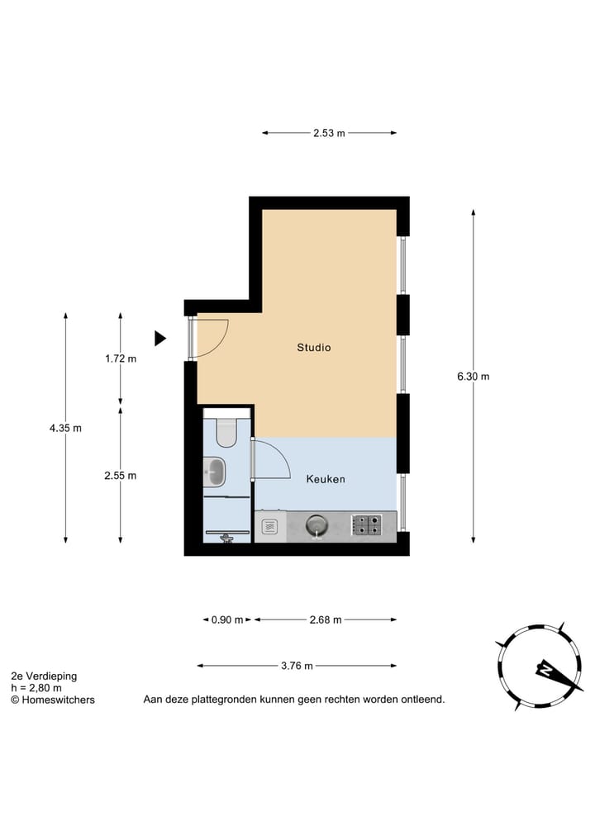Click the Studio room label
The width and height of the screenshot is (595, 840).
pyautogui.click(x=314, y=348)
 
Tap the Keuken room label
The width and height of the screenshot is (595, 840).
pyautogui.click(x=326, y=479)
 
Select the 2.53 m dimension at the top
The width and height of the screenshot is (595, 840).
pyautogui.click(x=329, y=133)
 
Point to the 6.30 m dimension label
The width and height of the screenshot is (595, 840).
pyautogui.click(x=474, y=377)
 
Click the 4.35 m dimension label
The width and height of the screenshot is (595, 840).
pyautogui.click(x=65, y=428)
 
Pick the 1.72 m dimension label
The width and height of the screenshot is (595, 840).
pyautogui.click(x=121, y=358)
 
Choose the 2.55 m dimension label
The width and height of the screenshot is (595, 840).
pyautogui.click(x=121, y=475)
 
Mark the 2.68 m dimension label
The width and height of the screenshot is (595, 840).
pyautogui.click(x=326, y=620)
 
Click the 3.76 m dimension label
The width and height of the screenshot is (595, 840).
pyautogui.click(x=297, y=666)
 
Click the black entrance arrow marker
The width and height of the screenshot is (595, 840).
pyautogui.click(x=160, y=338)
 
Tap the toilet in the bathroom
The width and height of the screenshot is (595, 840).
pyautogui.click(x=226, y=430)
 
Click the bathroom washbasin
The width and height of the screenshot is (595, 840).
pyautogui.click(x=214, y=472)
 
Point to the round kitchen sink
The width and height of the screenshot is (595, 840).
pyautogui.click(x=317, y=524)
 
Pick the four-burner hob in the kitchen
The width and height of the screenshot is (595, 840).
pyautogui.click(x=367, y=524)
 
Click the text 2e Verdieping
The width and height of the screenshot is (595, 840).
pyautogui.click(x=44, y=676)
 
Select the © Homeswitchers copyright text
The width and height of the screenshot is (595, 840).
pyautogui.click(x=52, y=700)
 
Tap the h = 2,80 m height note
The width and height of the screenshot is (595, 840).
pyautogui.click(x=36, y=687)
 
